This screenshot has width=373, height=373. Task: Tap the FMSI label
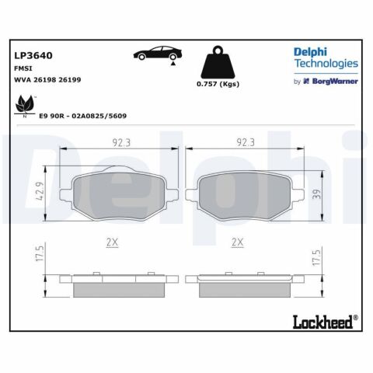point(23,68)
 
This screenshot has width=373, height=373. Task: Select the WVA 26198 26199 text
point(47,80)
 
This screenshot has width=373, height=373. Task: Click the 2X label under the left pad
point(111,242)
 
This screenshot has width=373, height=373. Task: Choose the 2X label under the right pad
point(239,242)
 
